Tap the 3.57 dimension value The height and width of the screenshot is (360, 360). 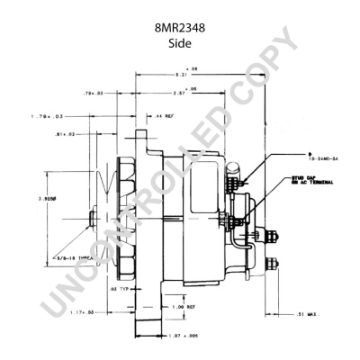point(179,92)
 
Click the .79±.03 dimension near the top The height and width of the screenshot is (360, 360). point(94,92)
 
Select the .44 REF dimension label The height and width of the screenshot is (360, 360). point(165,117)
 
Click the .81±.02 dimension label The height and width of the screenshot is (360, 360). point(89,134)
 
